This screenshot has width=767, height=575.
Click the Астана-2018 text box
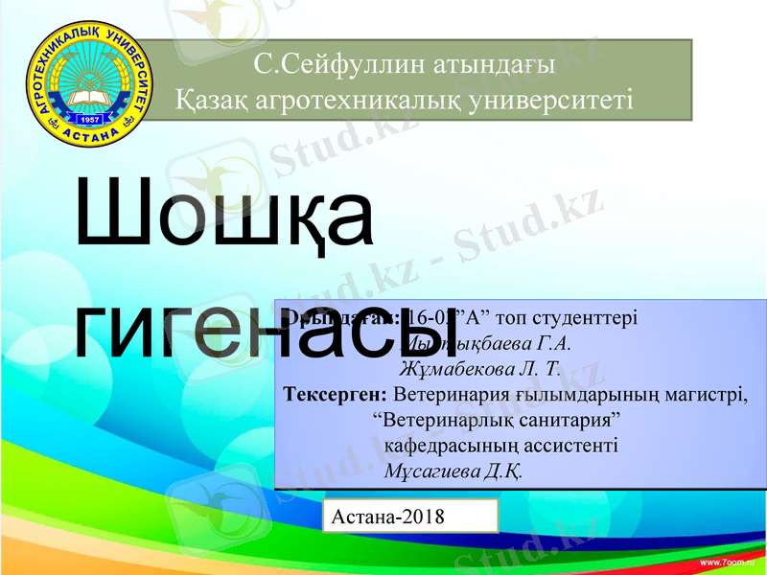[x=410, y=516]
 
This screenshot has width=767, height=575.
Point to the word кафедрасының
[x=453, y=446]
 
